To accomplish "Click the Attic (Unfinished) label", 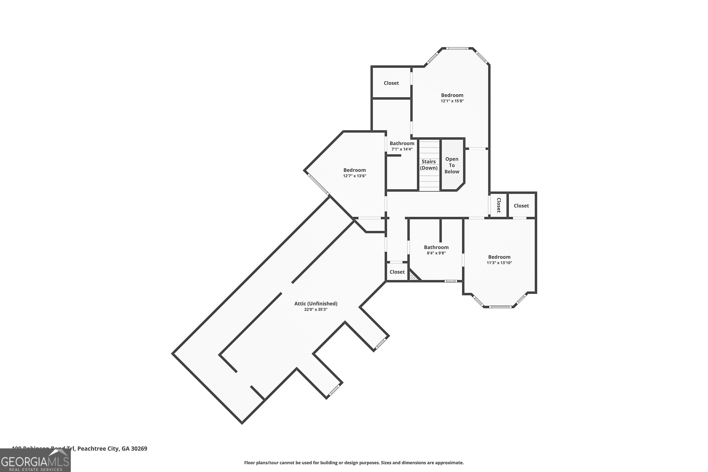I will point(316,304).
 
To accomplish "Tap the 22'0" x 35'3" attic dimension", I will point(316,309).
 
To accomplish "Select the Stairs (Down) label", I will point(428,165).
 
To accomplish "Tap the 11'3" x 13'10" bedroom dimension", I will point(499,263).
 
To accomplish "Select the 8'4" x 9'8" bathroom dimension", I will point(436,253).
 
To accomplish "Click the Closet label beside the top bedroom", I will point(391,83).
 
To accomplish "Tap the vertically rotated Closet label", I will point(498,205).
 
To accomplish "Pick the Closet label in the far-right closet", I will point(521,206).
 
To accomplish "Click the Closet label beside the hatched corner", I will point(397,272).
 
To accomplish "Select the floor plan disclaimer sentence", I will point(354,463).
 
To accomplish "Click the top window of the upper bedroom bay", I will point(457,48).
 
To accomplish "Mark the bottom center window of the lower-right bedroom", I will point(500,307).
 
